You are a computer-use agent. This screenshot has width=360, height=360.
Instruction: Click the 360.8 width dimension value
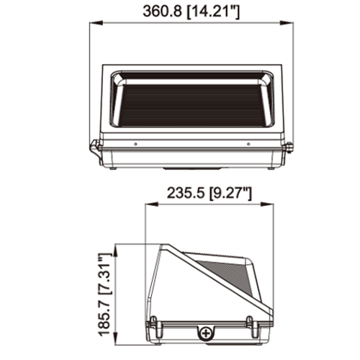(162, 11)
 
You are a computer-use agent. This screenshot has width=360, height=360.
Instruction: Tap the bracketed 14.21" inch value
(213, 12)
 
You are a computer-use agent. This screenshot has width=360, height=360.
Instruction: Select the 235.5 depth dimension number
(186, 193)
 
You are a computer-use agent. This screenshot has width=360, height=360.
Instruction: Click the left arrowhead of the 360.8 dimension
(96, 23)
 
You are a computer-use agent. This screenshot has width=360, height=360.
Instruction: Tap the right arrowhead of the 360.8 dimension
(287, 23)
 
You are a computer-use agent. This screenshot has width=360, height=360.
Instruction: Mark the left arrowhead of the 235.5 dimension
(152, 204)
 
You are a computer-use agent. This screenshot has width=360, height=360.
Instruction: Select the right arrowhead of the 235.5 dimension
(267, 204)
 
